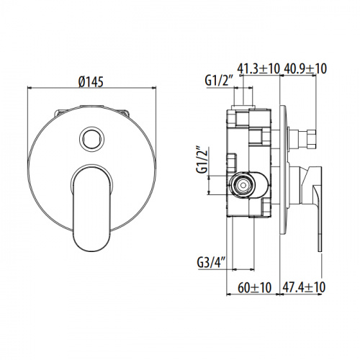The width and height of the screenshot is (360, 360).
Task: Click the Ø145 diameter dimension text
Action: tap(91, 81)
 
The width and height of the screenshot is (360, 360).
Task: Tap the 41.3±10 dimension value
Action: tap(258, 69)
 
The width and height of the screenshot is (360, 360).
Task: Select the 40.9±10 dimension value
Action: tap(306, 69)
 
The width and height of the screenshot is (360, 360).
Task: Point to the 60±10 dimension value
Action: tap(255, 287)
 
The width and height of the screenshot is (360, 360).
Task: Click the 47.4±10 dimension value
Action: tap(305, 287)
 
